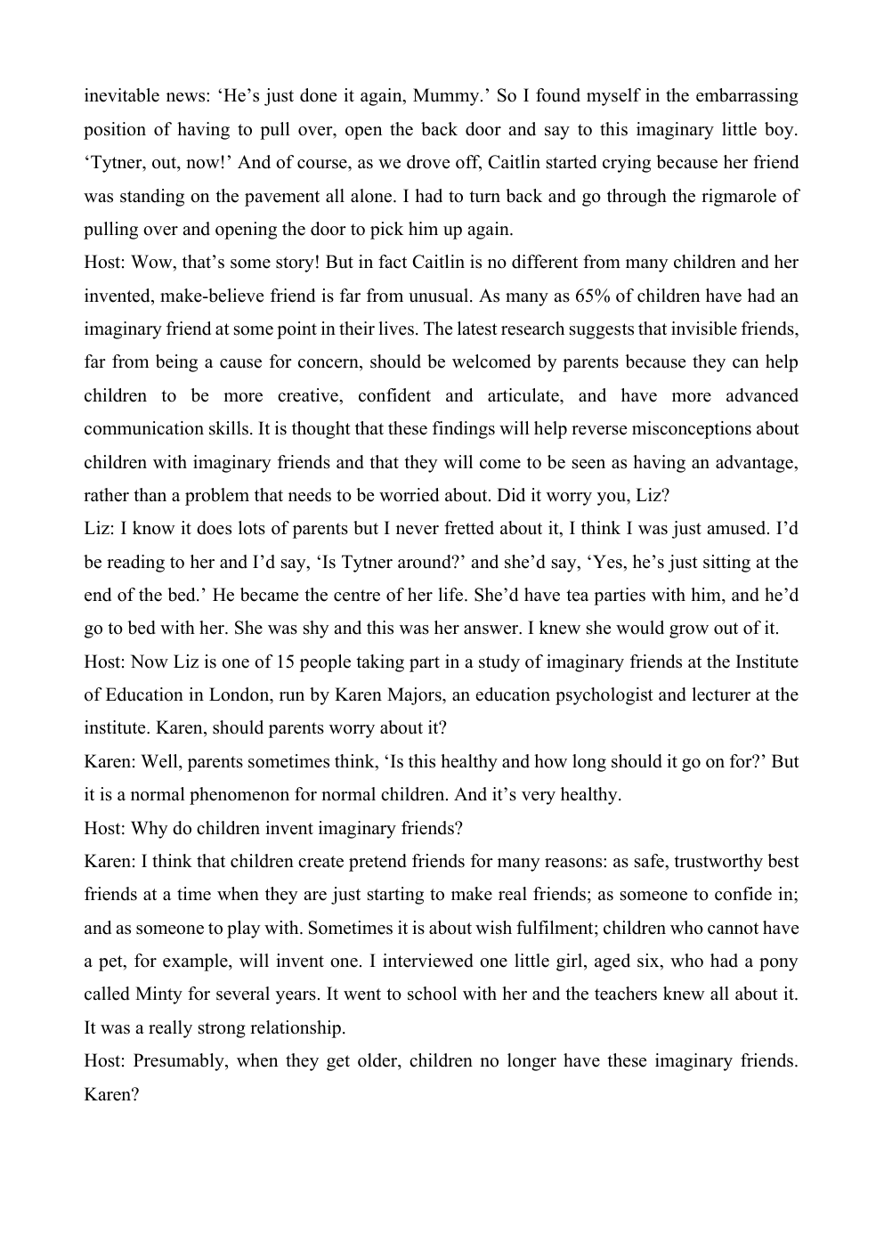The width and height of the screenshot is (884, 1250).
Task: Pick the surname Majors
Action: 401,694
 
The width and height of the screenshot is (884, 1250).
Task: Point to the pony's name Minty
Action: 158,994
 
